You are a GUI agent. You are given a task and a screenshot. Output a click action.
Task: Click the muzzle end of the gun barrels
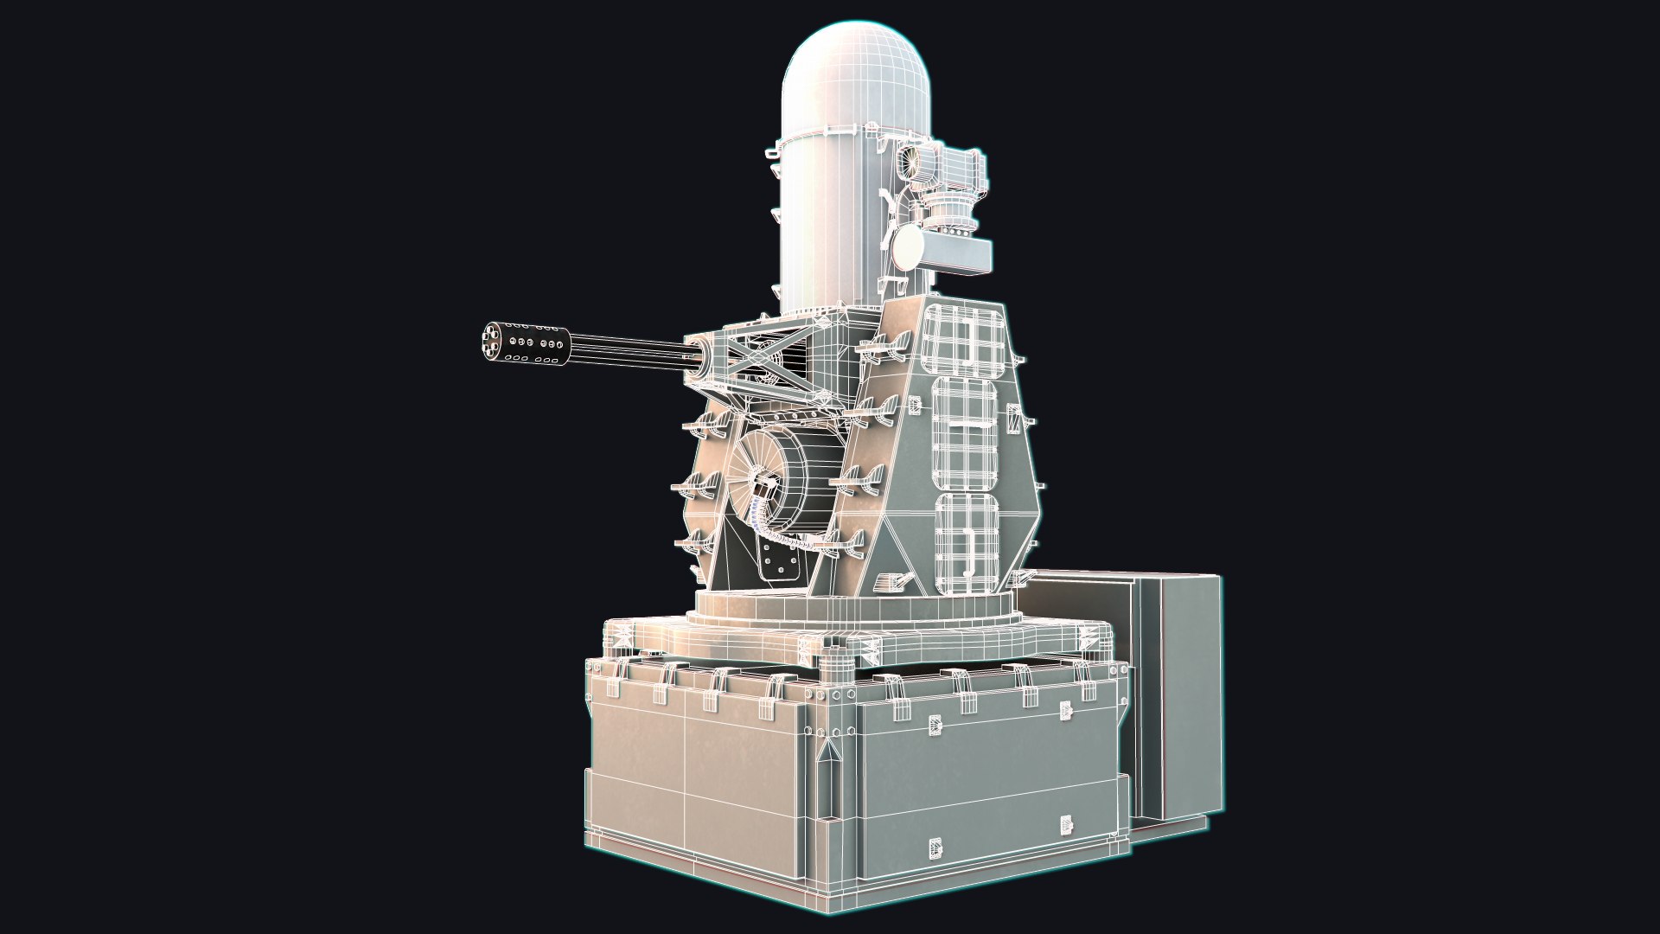point(490,341)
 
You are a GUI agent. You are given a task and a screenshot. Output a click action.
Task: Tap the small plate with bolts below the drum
point(782,566)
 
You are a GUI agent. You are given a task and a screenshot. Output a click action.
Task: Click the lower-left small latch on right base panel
point(935,848)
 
